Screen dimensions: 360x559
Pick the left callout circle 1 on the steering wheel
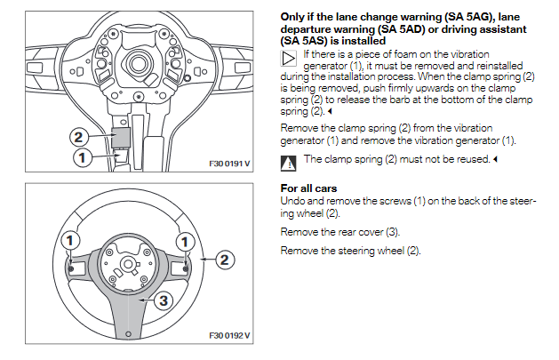click(68, 241)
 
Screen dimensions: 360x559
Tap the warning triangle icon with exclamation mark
click(288, 163)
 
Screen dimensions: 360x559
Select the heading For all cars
click(309, 188)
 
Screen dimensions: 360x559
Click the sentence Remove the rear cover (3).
click(340, 232)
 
